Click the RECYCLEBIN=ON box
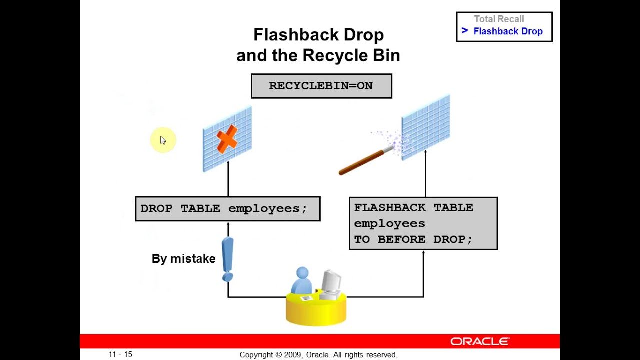click(321, 86)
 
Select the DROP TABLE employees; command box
click(227, 209)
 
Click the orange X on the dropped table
click(227, 138)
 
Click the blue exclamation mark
click(228, 259)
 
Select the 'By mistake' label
click(183, 259)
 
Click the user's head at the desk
click(302, 273)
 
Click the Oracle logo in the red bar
click(479, 341)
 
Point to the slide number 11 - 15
click(120, 354)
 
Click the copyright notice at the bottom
click(318, 355)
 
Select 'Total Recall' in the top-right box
click(499, 19)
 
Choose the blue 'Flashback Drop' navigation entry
click(508, 31)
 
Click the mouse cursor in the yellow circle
click(163, 140)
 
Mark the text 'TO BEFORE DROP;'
click(413, 239)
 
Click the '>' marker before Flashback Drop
click(464, 31)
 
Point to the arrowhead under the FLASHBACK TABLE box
click(423, 253)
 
